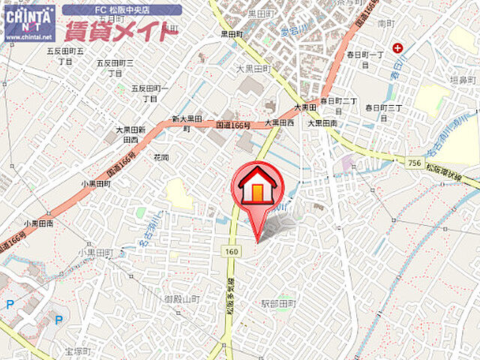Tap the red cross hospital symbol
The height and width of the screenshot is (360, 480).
pyautogui.click(x=397, y=49)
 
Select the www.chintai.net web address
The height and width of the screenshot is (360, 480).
pyautogui.click(x=28, y=36)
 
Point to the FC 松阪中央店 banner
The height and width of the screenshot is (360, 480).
pyautogui.click(x=121, y=10)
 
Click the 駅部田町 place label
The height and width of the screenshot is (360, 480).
pyautogui.click(x=279, y=304)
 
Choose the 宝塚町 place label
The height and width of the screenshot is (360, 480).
pyautogui.click(x=77, y=351)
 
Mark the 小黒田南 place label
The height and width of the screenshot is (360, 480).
pyautogui.click(x=37, y=223)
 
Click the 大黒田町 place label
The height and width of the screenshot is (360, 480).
pyautogui.click(x=252, y=69)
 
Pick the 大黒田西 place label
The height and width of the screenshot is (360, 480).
pyautogui.click(x=279, y=122)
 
